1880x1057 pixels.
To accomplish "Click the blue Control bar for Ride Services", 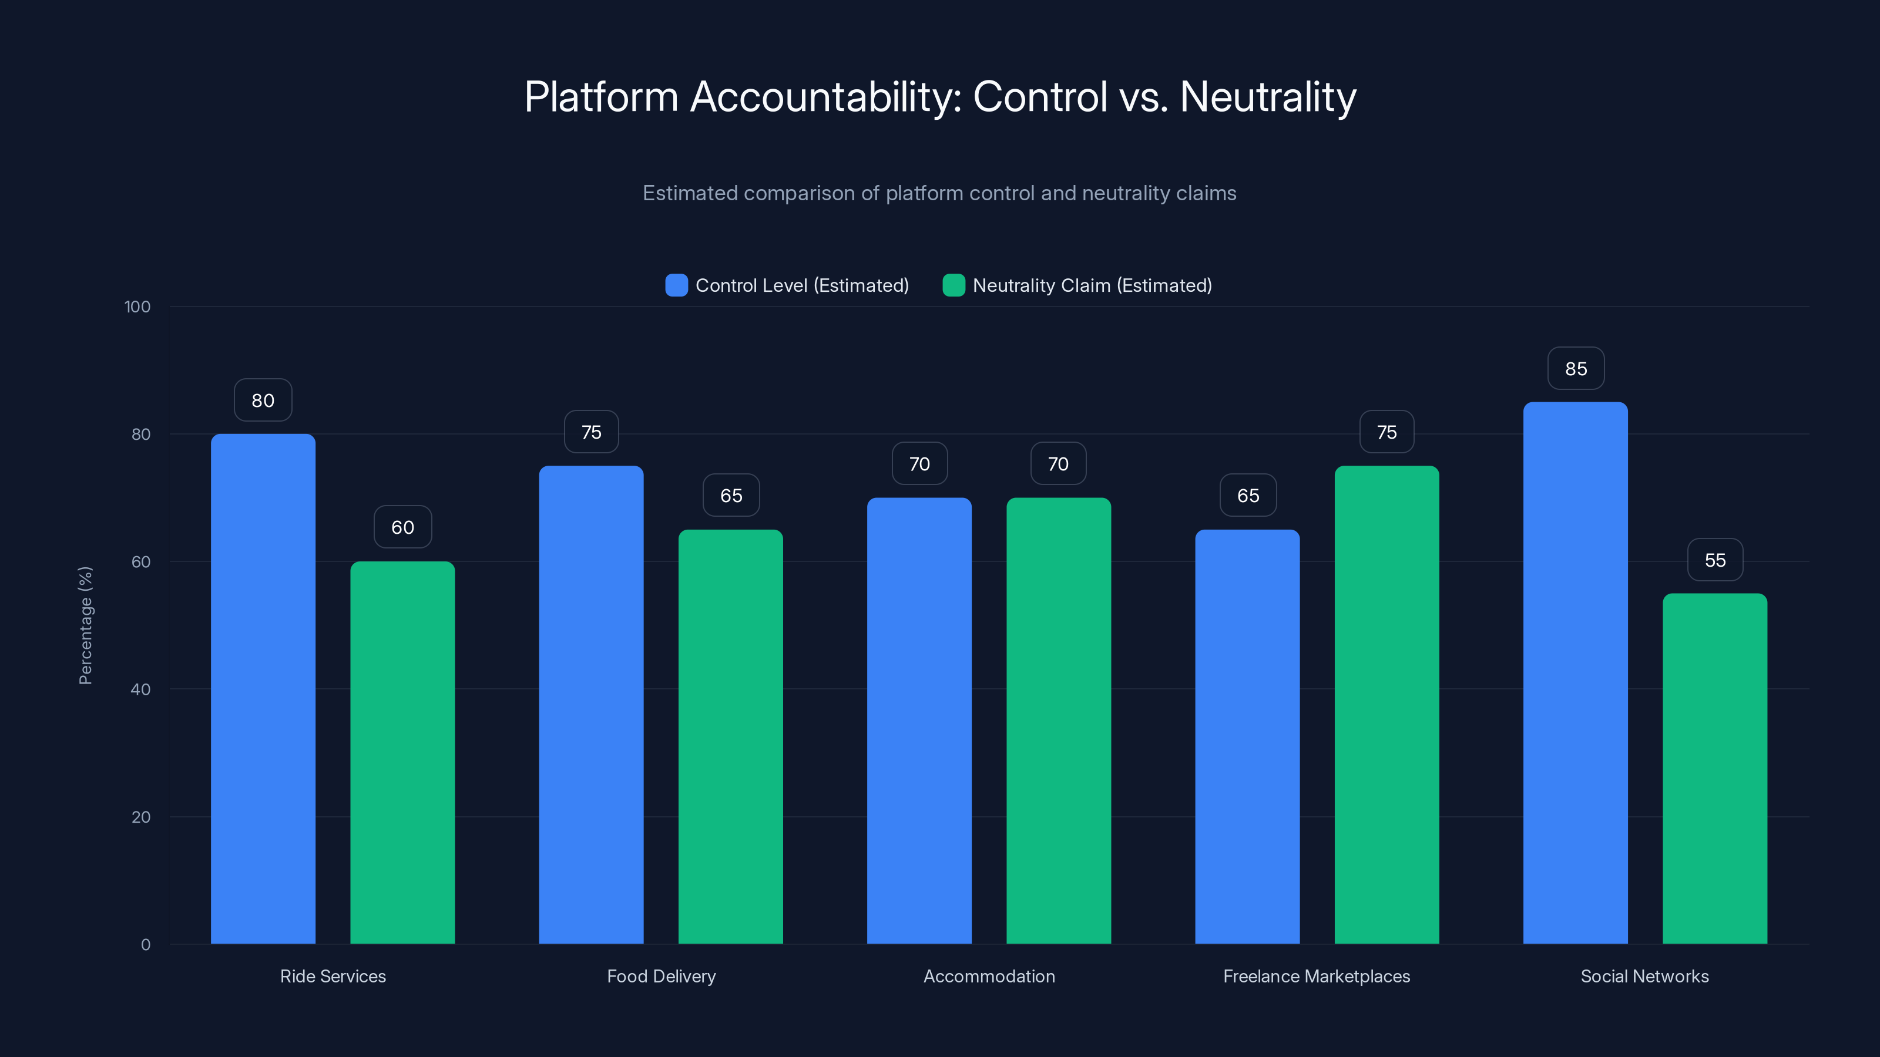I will coord(263,689).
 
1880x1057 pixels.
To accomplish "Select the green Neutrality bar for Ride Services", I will coord(402,752).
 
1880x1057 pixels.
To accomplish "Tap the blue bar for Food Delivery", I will coord(591,705).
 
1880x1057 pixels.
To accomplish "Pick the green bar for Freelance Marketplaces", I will coord(1386,705).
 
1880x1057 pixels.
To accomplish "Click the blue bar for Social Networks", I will coord(1575,672).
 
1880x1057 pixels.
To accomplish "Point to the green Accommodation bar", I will coord(1058,721).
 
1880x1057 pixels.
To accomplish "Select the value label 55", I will coord(1715,560).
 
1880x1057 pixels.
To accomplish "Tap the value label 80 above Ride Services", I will coord(263,400).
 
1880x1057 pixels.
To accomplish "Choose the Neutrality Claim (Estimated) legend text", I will coord(1092,285).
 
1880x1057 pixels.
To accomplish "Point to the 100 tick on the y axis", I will coord(137,307).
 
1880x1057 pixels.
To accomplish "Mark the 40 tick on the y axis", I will coord(140,689).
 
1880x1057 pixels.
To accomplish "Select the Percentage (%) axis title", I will coord(85,625).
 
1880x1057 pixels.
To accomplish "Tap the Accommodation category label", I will coord(989,976).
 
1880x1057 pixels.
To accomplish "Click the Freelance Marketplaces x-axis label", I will coord(1316,976).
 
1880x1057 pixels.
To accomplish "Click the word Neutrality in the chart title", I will coord(1268,97).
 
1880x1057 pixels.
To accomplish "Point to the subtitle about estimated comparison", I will coord(939,193).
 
